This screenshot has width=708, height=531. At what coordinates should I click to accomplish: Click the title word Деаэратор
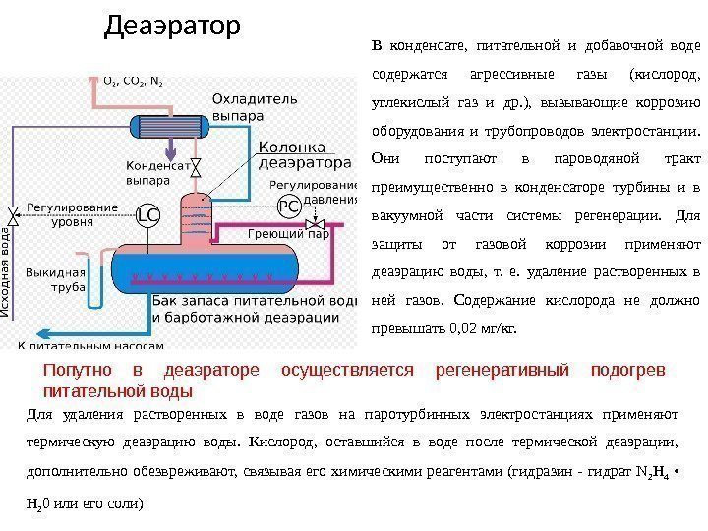coord(171,27)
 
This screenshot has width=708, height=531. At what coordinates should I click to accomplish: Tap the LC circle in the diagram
coord(147,214)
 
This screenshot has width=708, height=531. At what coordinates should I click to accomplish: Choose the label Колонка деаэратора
coord(304,154)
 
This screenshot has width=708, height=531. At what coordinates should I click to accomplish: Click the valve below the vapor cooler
coord(196,166)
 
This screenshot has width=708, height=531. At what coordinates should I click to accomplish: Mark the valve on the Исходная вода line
coord(13,214)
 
